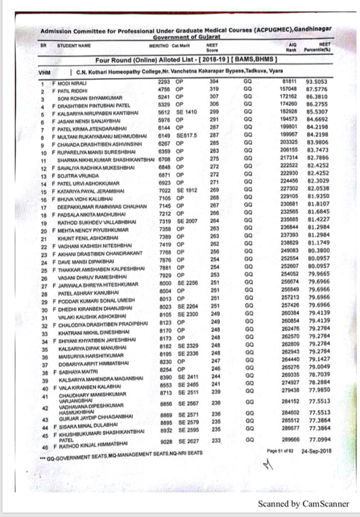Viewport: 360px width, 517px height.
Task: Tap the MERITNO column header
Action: pyautogui.click(x=158, y=44)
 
